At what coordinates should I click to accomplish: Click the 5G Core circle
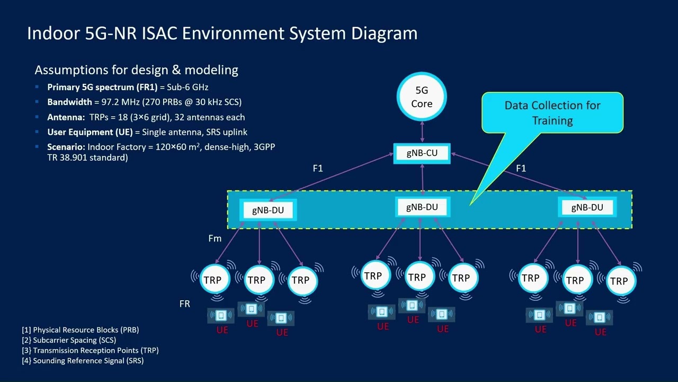click(x=422, y=97)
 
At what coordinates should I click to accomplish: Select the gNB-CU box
click(x=422, y=153)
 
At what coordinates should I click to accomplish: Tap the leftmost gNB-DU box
click(x=267, y=210)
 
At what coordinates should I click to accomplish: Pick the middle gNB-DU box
click(x=422, y=207)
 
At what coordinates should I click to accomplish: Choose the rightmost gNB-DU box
click(x=586, y=207)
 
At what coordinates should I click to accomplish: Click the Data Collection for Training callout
click(x=552, y=112)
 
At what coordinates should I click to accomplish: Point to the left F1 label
click(x=318, y=168)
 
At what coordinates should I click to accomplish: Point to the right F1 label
click(x=521, y=168)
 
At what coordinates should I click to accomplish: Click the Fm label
click(x=215, y=239)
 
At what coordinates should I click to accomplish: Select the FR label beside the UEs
click(x=184, y=304)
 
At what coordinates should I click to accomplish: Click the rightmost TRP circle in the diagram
click(x=619, y=281)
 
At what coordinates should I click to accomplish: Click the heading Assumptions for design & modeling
click(x=136, y=70)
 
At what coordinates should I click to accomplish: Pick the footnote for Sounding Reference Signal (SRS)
click(x=83, y=361)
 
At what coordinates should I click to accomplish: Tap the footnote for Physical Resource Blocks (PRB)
click(x=81, y=330)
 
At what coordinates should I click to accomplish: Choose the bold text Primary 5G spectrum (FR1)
click(x=102, y=87)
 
